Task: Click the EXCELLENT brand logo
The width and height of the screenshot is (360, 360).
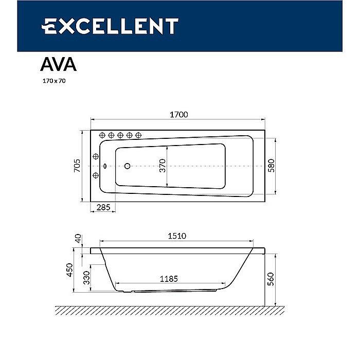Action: [x=110, y=26]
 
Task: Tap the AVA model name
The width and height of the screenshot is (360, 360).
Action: [x=58, y=64]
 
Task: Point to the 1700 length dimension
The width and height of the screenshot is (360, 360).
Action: [x=178, y=115]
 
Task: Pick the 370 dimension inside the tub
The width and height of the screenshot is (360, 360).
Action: [x=163, y=166]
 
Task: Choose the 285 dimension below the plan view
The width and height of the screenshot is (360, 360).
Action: [x=103, y=208]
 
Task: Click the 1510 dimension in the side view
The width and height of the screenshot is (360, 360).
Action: [x=175, y=236]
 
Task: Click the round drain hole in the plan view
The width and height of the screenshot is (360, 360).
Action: [x=128, y=166]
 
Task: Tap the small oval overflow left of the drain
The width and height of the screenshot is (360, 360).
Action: [x=105, y=166]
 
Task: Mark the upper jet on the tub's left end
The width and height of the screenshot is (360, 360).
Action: [x=95, y=156]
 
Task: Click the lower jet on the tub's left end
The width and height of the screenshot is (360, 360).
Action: [x=95, y=176]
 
